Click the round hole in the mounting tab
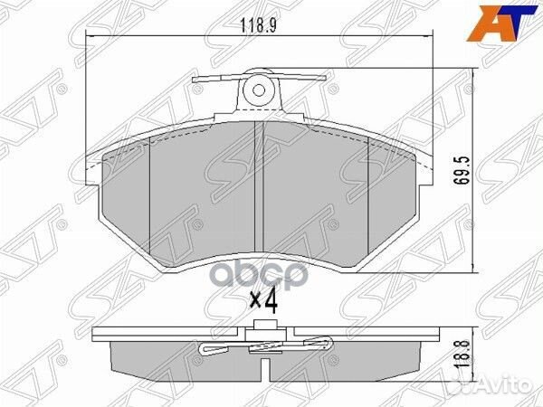tap(259, 90)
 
